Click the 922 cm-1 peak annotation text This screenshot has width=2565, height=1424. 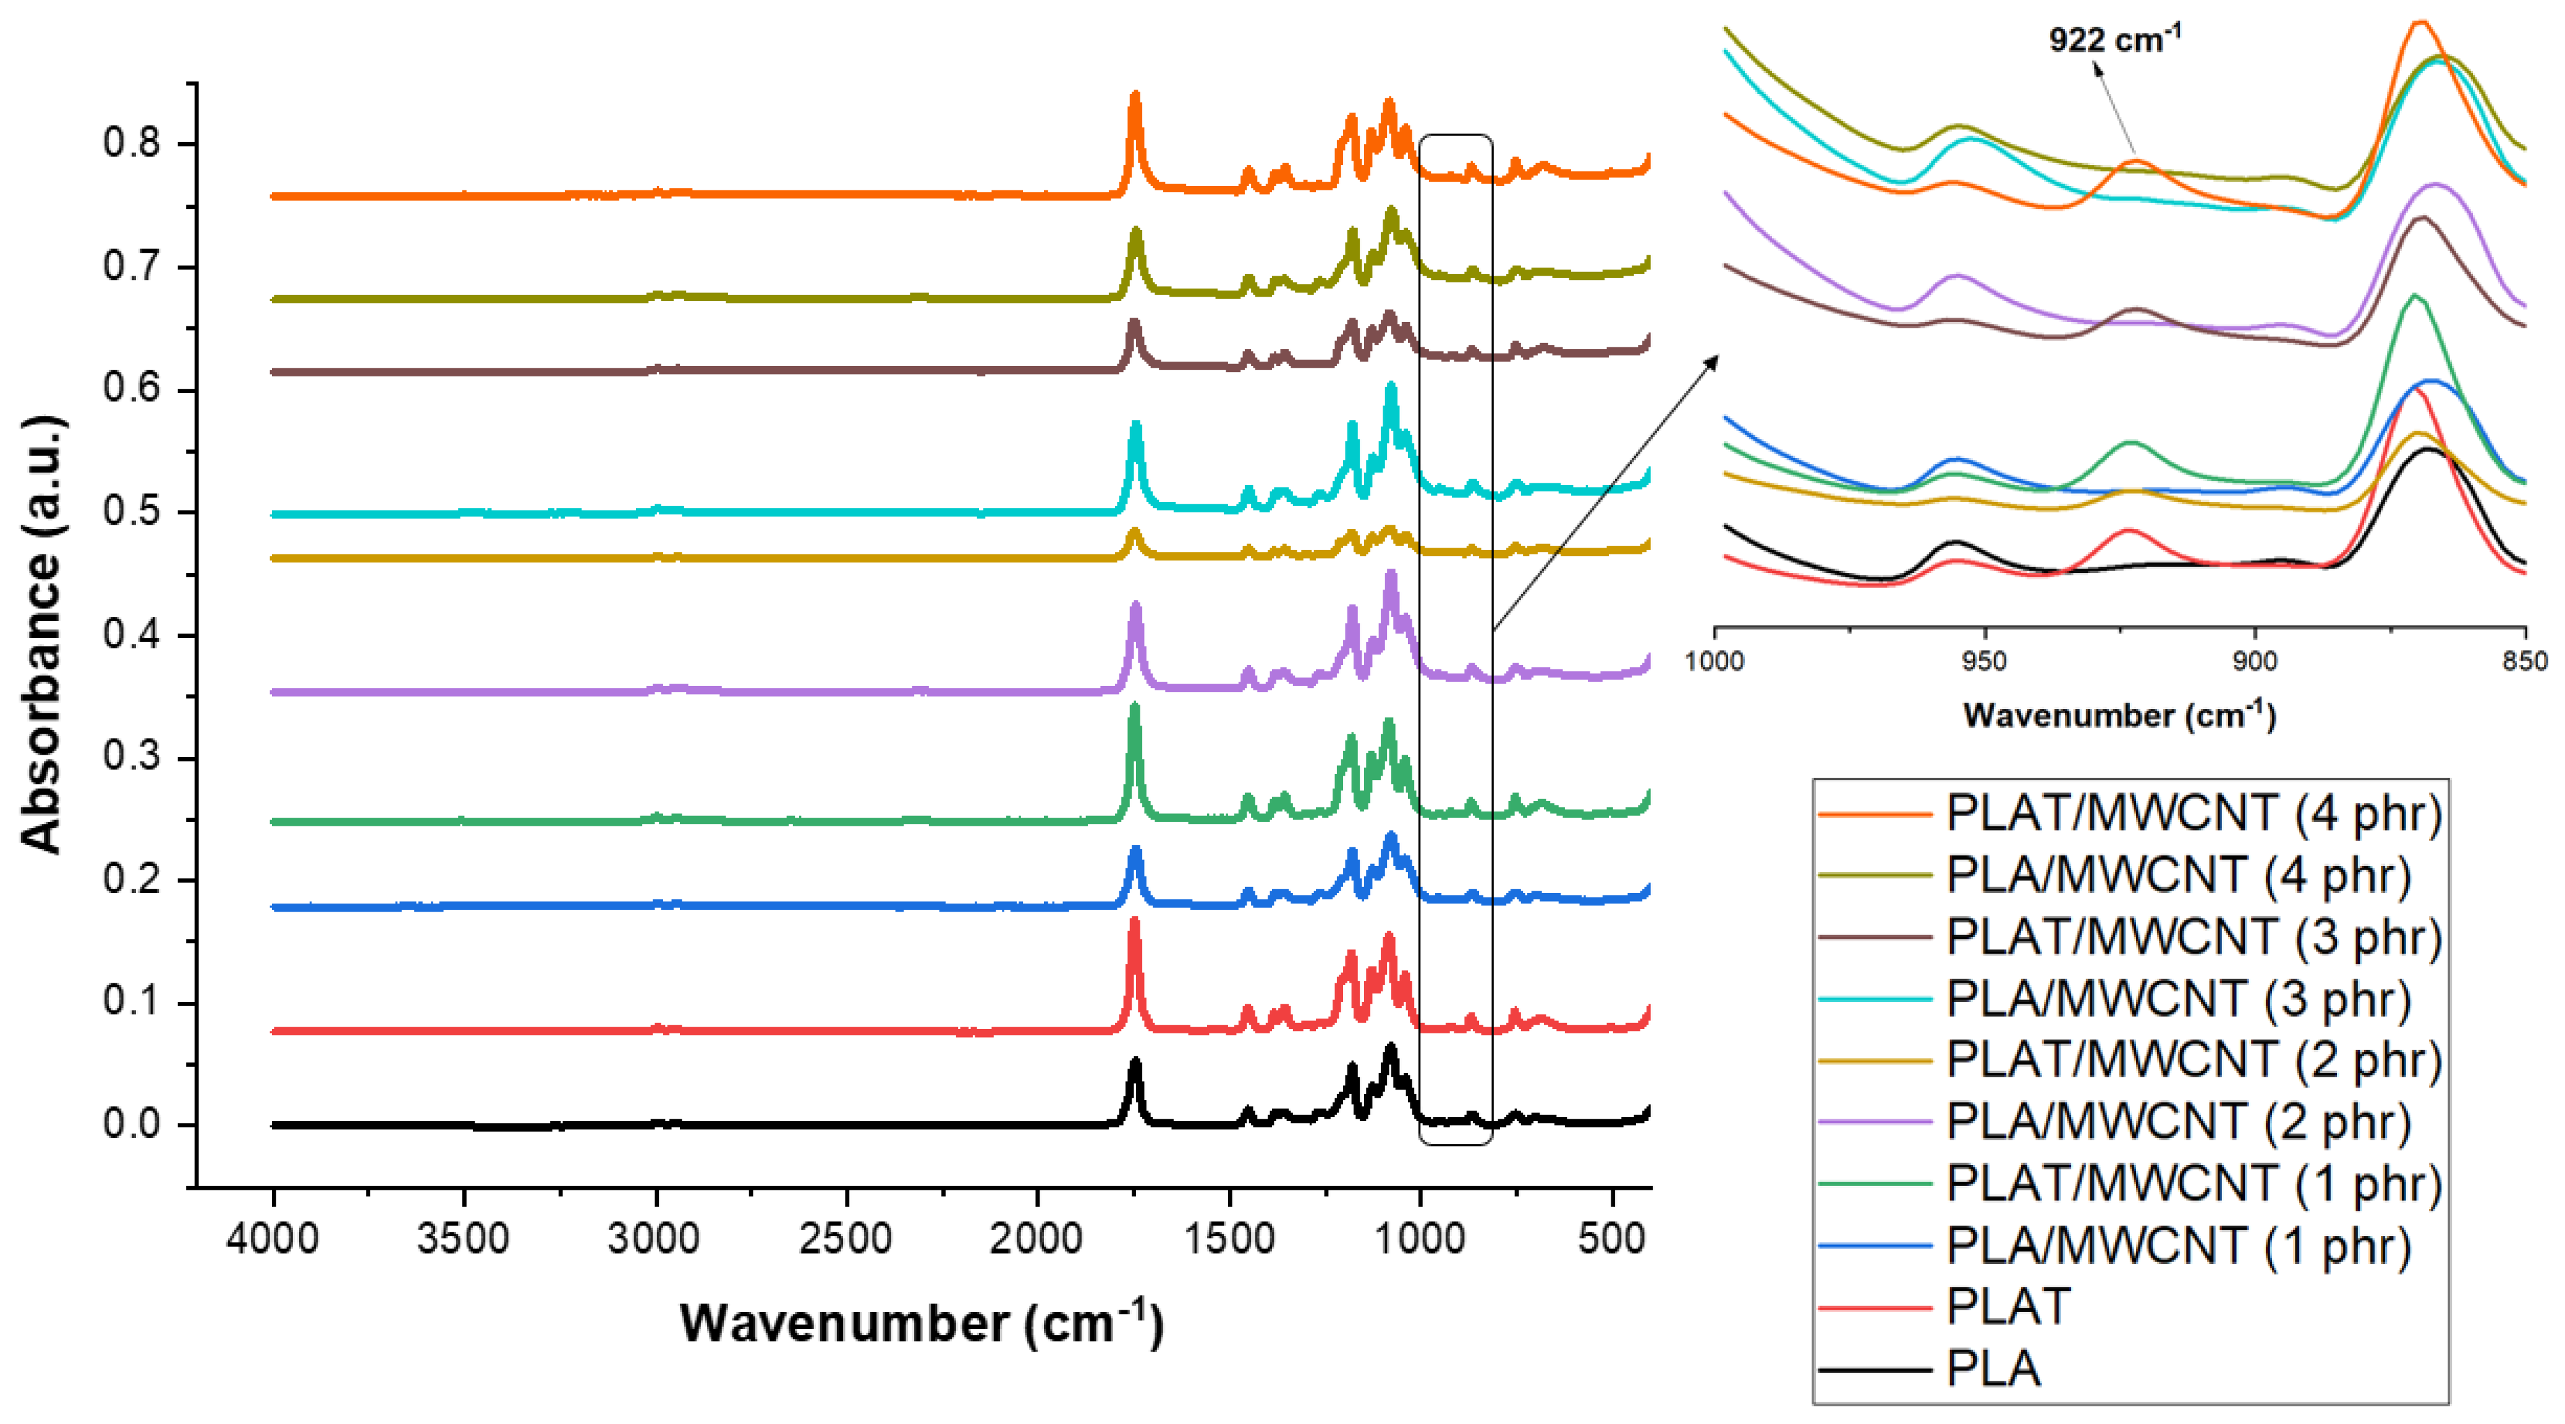[2114, 40]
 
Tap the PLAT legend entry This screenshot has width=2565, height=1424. [2007, 1307]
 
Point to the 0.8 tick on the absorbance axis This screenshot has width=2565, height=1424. [132, 143]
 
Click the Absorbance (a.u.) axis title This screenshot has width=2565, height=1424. [42, 634]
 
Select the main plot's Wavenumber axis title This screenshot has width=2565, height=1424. [921, 1323]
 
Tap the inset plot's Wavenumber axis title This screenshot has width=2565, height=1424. [2119, 715]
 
